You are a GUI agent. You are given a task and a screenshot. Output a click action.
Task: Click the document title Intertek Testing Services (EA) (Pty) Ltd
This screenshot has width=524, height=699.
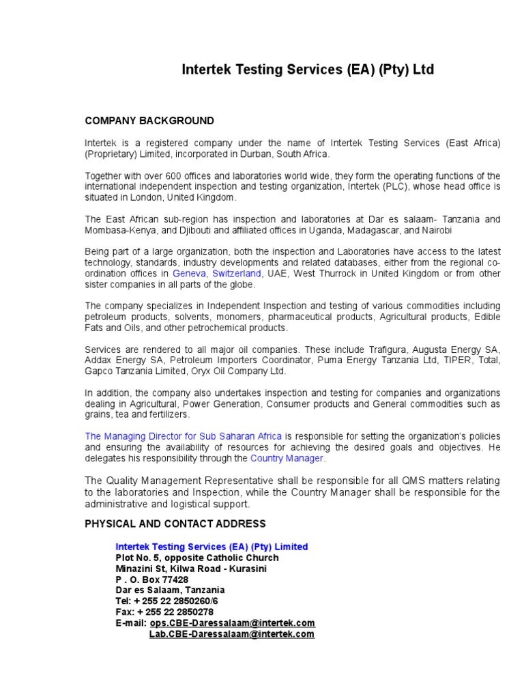[x=307, y=70]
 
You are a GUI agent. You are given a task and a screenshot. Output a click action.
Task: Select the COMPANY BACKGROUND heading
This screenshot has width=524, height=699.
[x=149, y=121]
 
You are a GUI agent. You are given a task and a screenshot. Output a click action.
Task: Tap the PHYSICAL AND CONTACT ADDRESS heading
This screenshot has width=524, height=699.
[x=175, y=524]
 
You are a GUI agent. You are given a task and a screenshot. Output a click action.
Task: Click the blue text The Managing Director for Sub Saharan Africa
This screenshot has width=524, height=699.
[x=184, y=436]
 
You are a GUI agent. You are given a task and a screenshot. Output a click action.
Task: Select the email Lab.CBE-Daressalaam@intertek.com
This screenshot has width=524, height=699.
[x=232, y=634]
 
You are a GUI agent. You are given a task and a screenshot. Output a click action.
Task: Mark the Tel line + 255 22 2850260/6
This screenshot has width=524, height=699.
[x=167, y=601]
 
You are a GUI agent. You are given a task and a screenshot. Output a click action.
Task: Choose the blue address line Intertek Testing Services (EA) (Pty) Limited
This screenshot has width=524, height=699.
[x=212, y=547]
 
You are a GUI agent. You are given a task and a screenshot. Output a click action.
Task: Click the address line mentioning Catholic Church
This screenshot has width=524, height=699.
[x=197, y=558]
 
